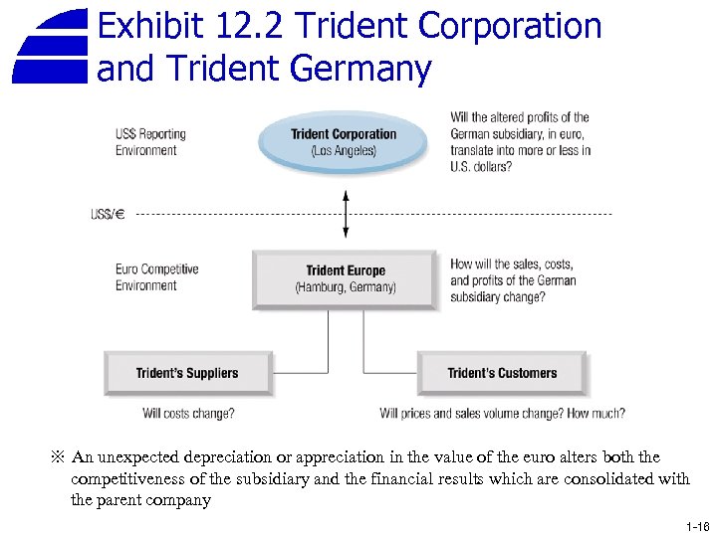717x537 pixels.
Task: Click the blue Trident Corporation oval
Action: [344, 141]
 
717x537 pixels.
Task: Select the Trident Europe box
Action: [346, 278]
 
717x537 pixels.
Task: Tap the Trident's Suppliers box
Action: [187, 373]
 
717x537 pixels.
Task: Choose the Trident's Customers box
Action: [502, 373]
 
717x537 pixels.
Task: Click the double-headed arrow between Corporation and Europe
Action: [346, 214]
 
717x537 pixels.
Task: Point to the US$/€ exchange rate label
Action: [108, 214]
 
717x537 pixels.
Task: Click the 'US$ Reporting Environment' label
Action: [150, 142]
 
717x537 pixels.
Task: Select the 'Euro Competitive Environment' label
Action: [156, 277]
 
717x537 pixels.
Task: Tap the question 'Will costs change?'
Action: [188, 413]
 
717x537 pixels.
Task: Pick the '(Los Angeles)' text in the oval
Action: [344, 151]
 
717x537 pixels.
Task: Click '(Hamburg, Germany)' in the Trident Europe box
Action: [346, 287]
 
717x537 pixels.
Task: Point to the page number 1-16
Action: [697, 526]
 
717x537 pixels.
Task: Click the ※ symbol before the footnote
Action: [57, 457]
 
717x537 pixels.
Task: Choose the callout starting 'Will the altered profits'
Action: [521, 142]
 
